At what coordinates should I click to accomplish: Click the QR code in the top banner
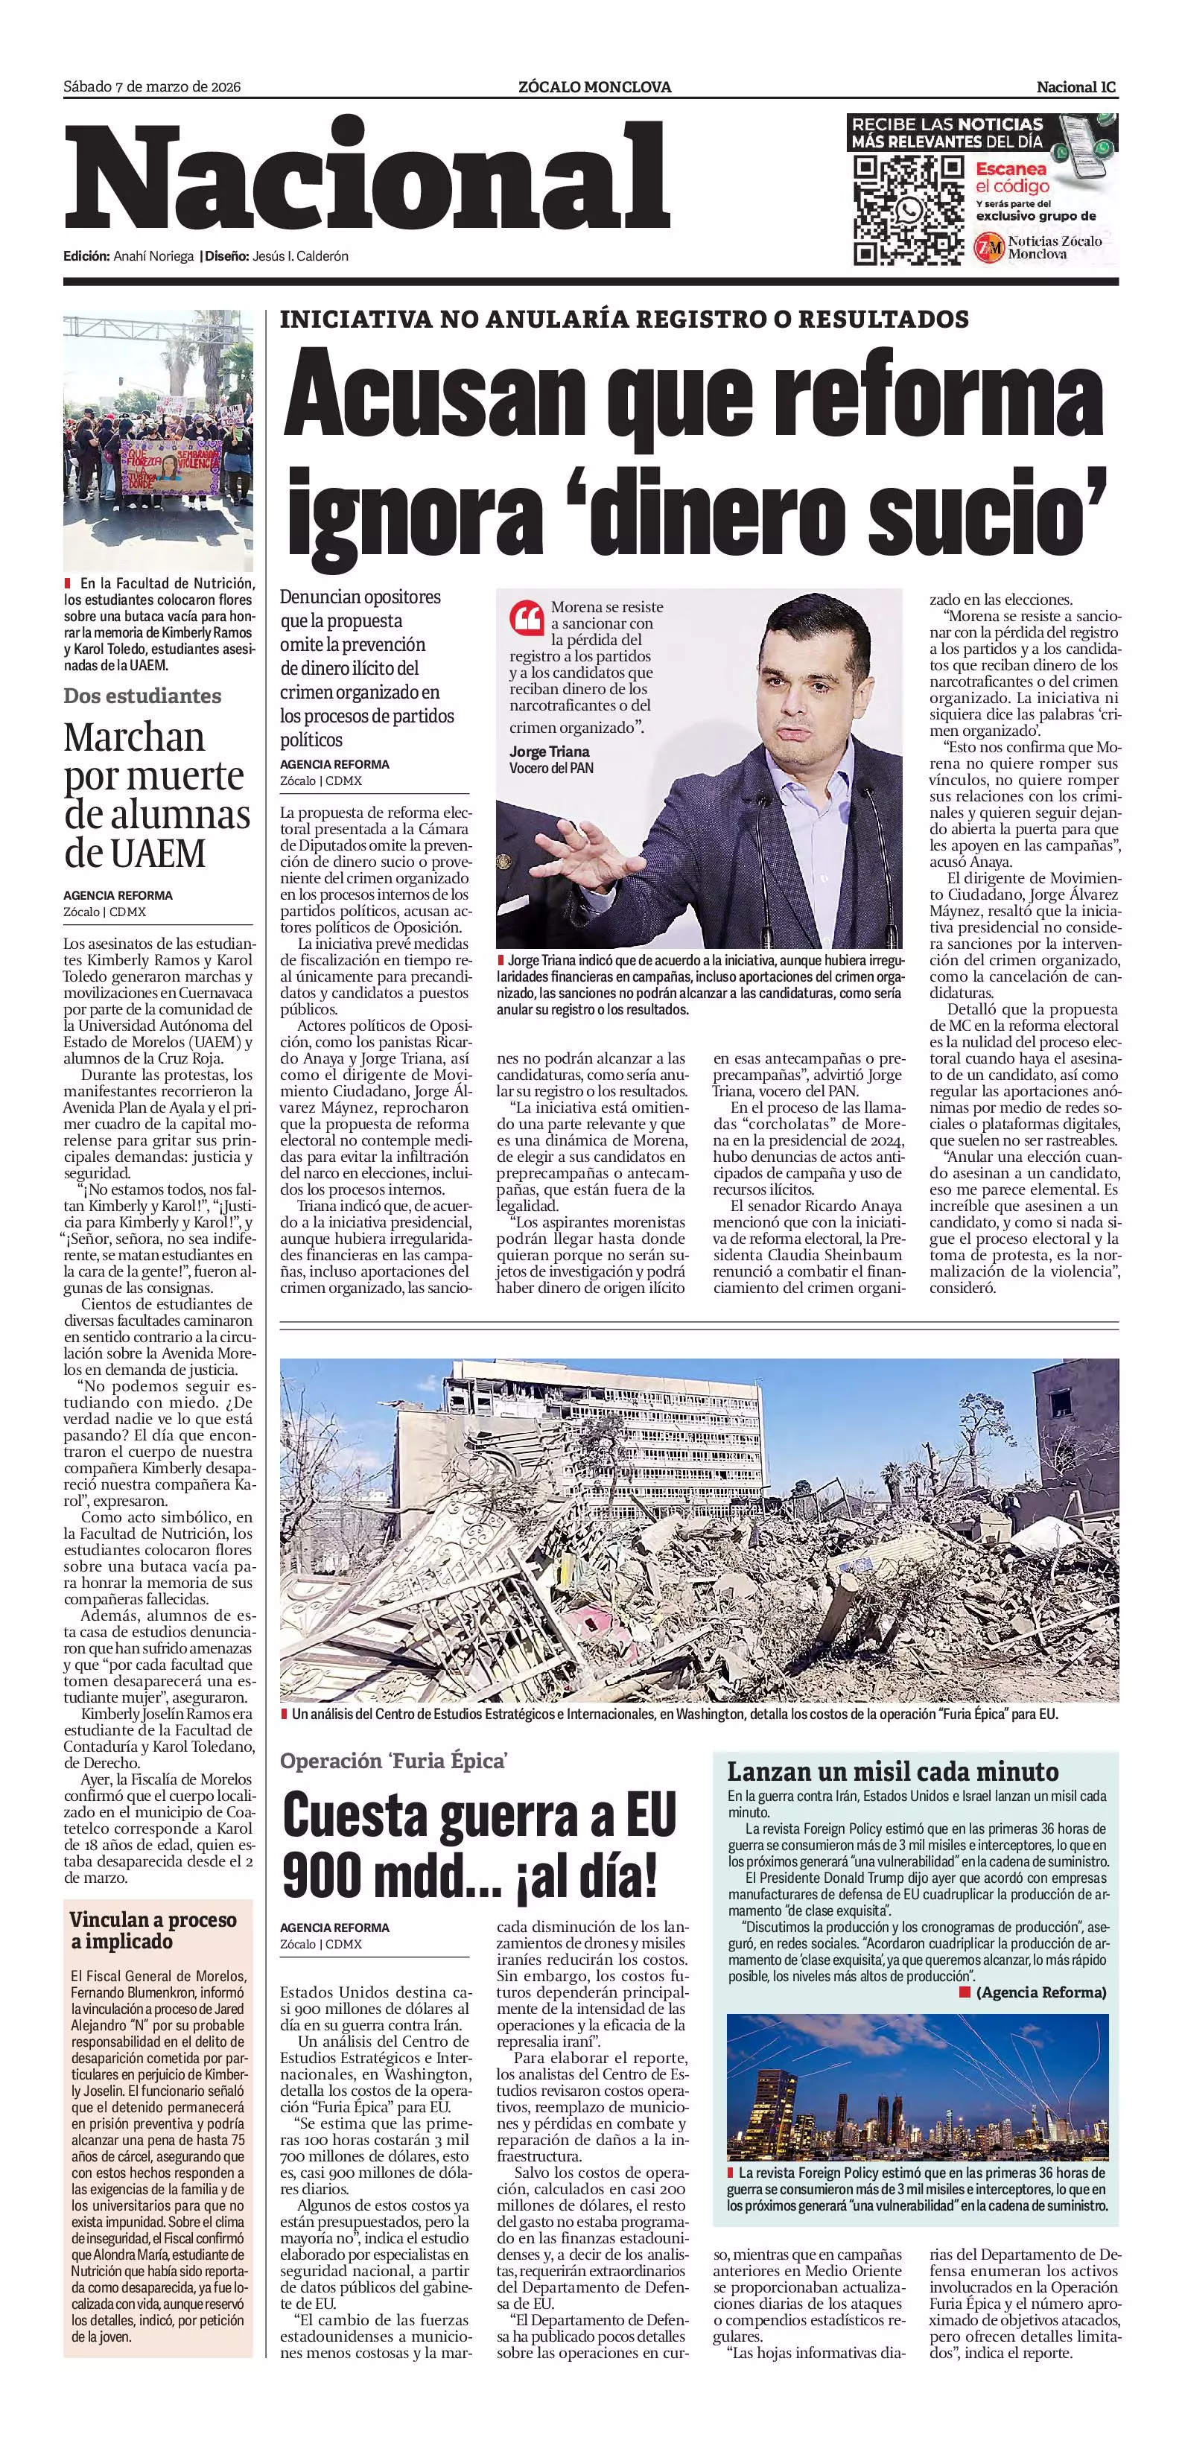[908, 210]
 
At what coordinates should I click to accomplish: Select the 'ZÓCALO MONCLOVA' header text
[595, 87]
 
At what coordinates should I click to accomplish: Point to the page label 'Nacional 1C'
[1076, 87]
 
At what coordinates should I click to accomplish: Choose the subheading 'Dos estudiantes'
[142, 695]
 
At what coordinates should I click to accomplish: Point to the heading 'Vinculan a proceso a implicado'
[153, 1931]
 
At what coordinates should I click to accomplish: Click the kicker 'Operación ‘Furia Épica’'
[394, 1761]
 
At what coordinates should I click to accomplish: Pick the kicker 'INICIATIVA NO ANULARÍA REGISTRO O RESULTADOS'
[624, 320]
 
